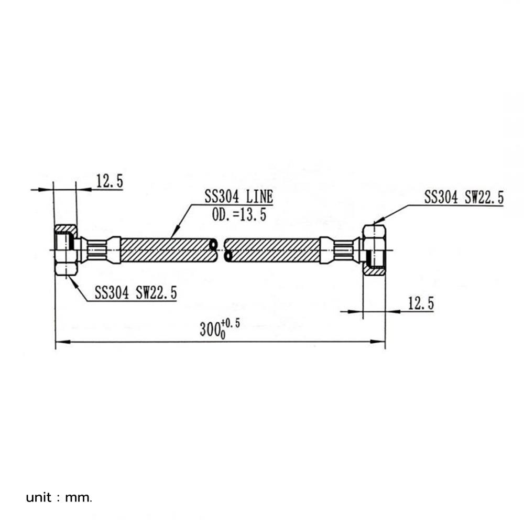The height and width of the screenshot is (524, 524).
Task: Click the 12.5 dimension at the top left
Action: [110, 181]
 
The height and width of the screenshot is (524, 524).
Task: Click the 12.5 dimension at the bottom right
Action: [421, 303]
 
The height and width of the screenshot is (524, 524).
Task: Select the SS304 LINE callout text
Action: [238, 196]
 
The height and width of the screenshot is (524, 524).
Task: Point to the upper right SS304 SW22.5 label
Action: [464, 197]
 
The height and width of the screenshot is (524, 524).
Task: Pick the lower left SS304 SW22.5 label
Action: [136, 293]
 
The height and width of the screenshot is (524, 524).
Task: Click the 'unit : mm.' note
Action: [59, 498]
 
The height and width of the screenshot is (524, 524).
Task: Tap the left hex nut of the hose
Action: [67, 250]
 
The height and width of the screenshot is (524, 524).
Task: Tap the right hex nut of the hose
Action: [374, 250]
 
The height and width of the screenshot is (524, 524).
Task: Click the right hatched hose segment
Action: [272, 250]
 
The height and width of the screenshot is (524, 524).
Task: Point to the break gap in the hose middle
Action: [221, 250]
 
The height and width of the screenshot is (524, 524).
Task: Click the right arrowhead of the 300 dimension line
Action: [378, 342]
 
